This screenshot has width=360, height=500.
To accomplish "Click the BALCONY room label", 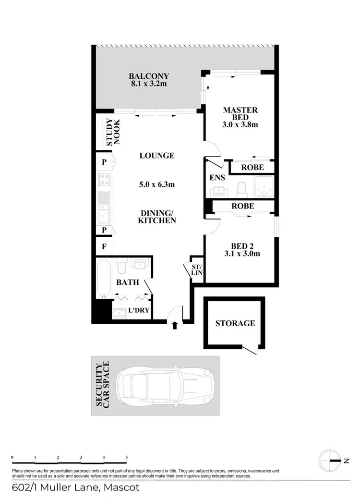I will [148, 76].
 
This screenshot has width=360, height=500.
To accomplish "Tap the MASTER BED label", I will [240, 110].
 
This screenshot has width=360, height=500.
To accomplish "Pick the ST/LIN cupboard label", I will [197, 270].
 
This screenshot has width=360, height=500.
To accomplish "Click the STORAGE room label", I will [235, 323].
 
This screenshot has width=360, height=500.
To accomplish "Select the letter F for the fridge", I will [104, 248].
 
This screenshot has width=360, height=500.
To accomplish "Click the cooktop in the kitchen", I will [104, 180].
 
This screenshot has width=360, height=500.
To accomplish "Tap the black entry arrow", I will [174, 326].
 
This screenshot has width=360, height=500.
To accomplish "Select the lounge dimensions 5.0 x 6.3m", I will [157, 184].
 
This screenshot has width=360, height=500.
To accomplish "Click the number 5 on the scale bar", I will [126, 457].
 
